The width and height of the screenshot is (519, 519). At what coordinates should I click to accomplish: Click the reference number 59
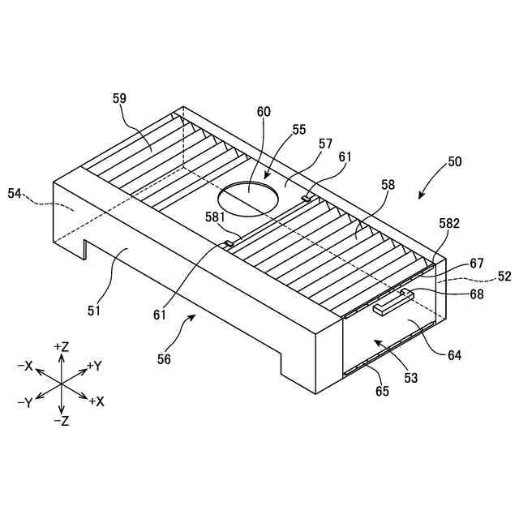pos(119,98)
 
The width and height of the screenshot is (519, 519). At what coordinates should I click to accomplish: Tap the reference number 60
pos(264,114)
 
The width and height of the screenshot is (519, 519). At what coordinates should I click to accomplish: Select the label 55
pos(299,129)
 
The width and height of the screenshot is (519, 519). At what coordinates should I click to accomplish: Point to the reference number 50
pos(454,161)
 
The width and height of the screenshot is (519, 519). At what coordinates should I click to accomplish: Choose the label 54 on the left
pos(15,193)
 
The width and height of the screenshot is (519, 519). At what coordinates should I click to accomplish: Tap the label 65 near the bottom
pos(382,392)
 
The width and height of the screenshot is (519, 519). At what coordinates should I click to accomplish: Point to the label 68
pos(476,294)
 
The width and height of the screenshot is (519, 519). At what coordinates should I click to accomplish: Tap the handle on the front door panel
pos(392,305)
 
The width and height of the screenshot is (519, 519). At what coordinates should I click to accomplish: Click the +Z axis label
pos(62,346)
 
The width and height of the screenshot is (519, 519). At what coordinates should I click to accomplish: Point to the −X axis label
pos(24,366)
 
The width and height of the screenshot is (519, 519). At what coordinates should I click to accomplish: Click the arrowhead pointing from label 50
pos(419,195)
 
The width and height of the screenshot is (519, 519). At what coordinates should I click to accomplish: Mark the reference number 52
pos(504,276)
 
